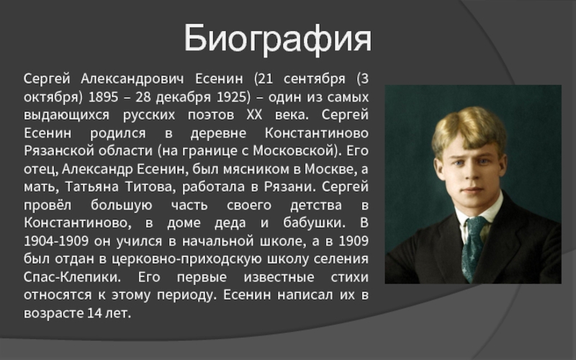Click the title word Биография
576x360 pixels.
point(277,39)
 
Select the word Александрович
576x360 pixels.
point(132,78)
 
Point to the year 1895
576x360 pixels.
point(104,97)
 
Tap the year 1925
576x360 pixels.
point(231,97)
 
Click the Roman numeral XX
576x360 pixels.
point(254,115)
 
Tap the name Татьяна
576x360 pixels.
point(92,187)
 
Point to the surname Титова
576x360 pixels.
point(148,187)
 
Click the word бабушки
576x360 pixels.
point(314,223)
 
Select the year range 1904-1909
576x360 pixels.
point(56,241)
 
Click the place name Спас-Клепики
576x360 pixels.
point(72,277)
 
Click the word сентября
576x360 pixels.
point(315,79)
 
